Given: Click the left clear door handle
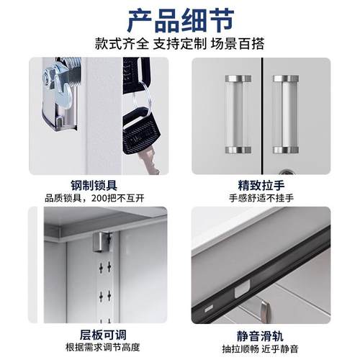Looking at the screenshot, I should click(237, 114).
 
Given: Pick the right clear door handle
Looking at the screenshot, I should click(285, 114).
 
